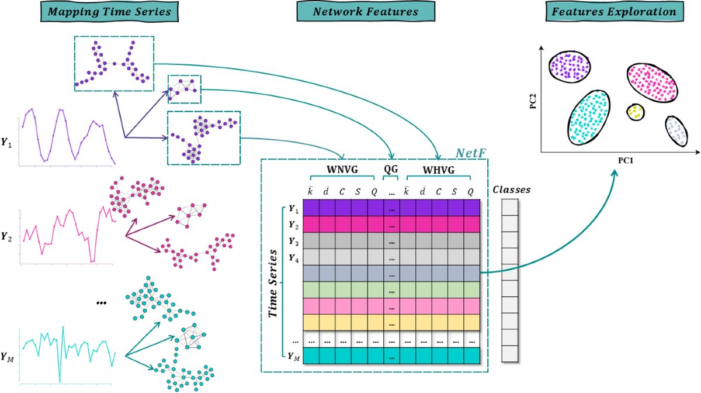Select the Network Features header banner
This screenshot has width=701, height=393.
click(x=358, y=12)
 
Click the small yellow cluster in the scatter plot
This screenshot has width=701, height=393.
click(x=635, y=111)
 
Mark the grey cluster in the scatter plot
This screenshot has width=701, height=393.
click(x=675, y=130)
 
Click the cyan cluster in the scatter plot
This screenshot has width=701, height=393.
click(x=588, y=116)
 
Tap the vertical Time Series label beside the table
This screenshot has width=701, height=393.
click(x=273, y=282)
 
